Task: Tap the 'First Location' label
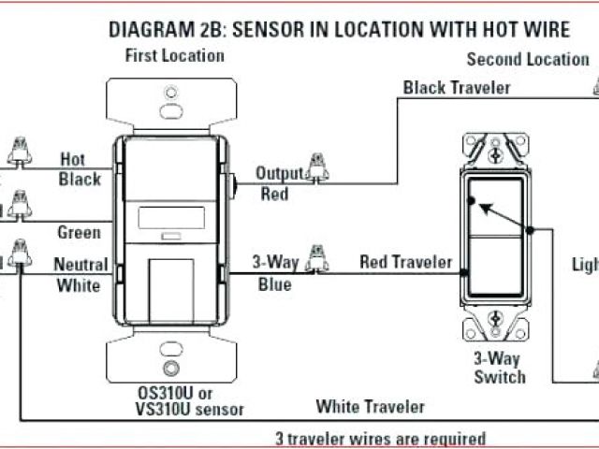click(x=175, y=55)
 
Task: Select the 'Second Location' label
click(x=529, y=59)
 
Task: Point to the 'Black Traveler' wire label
click(x=457, y=88)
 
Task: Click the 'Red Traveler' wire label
click(x=405, y=263)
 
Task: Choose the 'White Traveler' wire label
click(x=370, y=406)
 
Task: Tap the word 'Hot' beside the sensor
click(x=73, y=159)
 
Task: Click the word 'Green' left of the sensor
click(x=79, y=232)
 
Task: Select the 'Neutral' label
click(x=80, y=265)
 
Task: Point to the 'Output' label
click(x=280, y=173)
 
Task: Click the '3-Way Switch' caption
click(x=499, y=367)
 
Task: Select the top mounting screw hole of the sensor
click(x=170, y=94)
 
